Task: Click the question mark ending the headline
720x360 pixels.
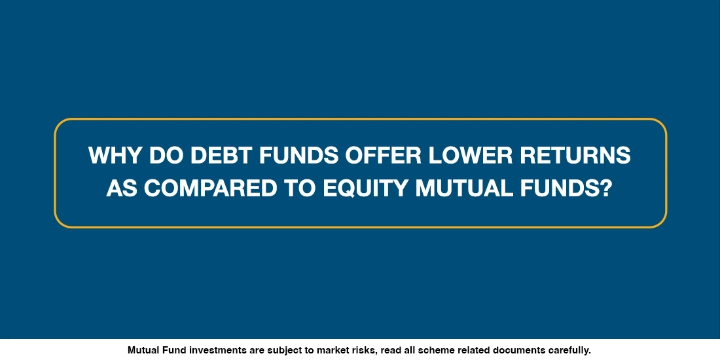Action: [605, 189]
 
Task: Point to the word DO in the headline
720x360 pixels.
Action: [161, 156]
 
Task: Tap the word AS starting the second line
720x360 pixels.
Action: [120, 189]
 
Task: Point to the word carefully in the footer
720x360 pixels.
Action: [569, 350]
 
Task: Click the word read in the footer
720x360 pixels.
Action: [388, 350]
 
